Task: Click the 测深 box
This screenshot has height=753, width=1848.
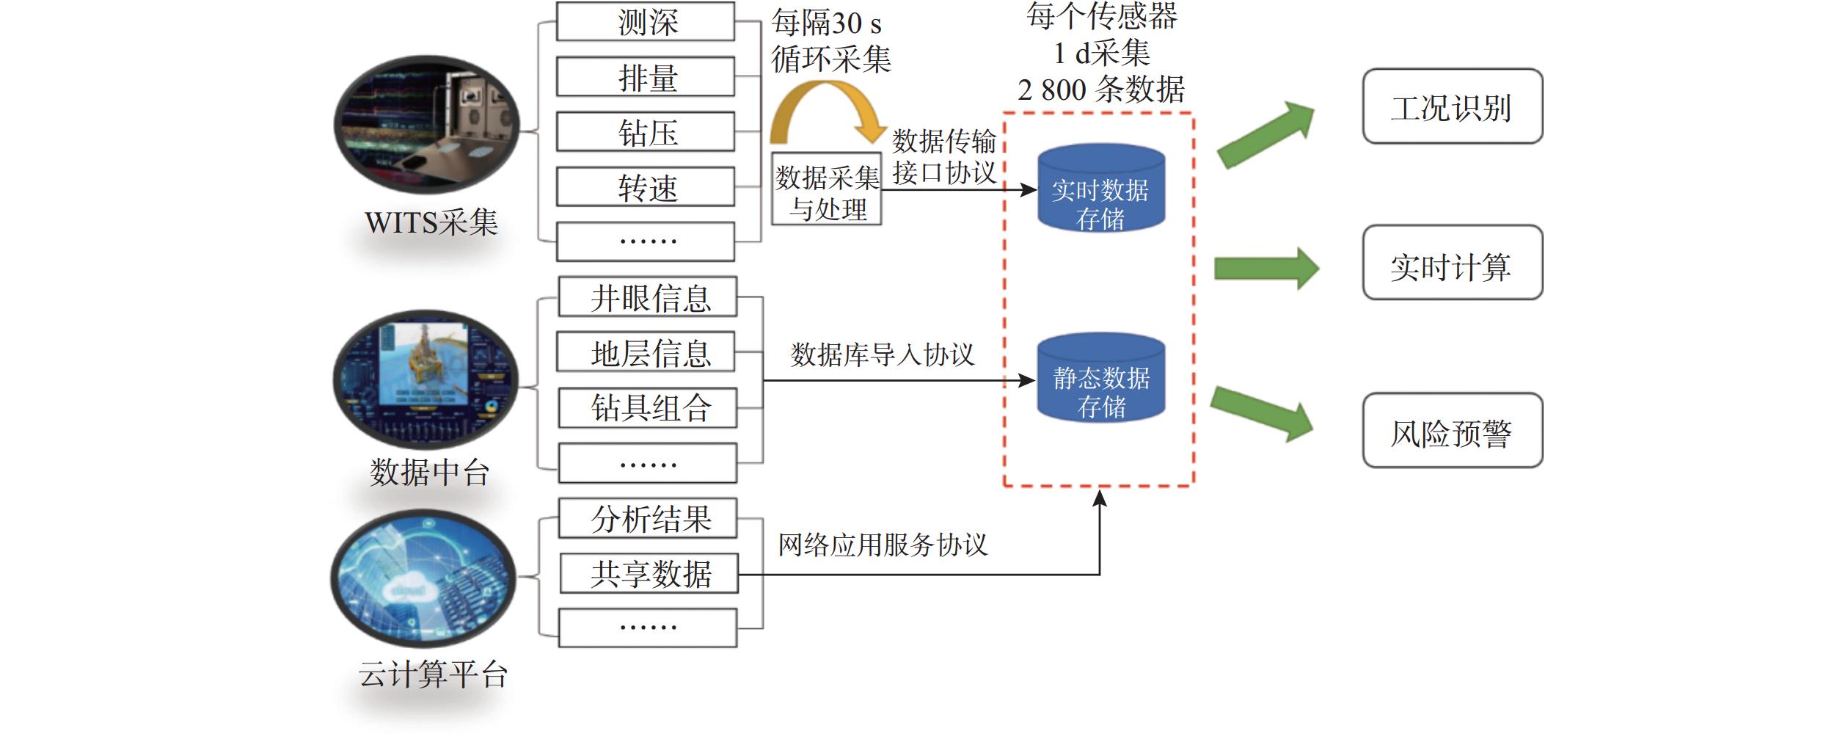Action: [x=645, y=21]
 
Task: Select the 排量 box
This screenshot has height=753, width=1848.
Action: [x=645, y=76]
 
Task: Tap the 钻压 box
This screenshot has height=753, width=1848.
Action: [x=645, y=132]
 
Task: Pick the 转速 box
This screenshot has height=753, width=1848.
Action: [x=645, y=187]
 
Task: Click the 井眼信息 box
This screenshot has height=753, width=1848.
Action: [x=647, y=297]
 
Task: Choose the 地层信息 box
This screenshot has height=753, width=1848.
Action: [x=646, y=352]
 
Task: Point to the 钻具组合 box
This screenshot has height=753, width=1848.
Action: [x=647, y=408]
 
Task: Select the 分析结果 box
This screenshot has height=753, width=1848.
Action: [x=647, y=519]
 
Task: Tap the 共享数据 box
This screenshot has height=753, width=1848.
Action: [x=649, y=574]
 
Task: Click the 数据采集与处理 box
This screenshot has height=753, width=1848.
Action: [x=827, y=189]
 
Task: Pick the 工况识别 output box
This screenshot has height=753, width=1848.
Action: [x=1452, y=106]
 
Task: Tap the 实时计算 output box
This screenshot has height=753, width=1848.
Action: [x=1452, y=263]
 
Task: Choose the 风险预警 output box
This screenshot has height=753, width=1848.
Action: [x=1452, y=431]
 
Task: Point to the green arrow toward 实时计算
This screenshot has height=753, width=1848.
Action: [x=1266, y=268]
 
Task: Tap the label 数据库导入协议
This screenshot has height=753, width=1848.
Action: [x=882, y=355]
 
